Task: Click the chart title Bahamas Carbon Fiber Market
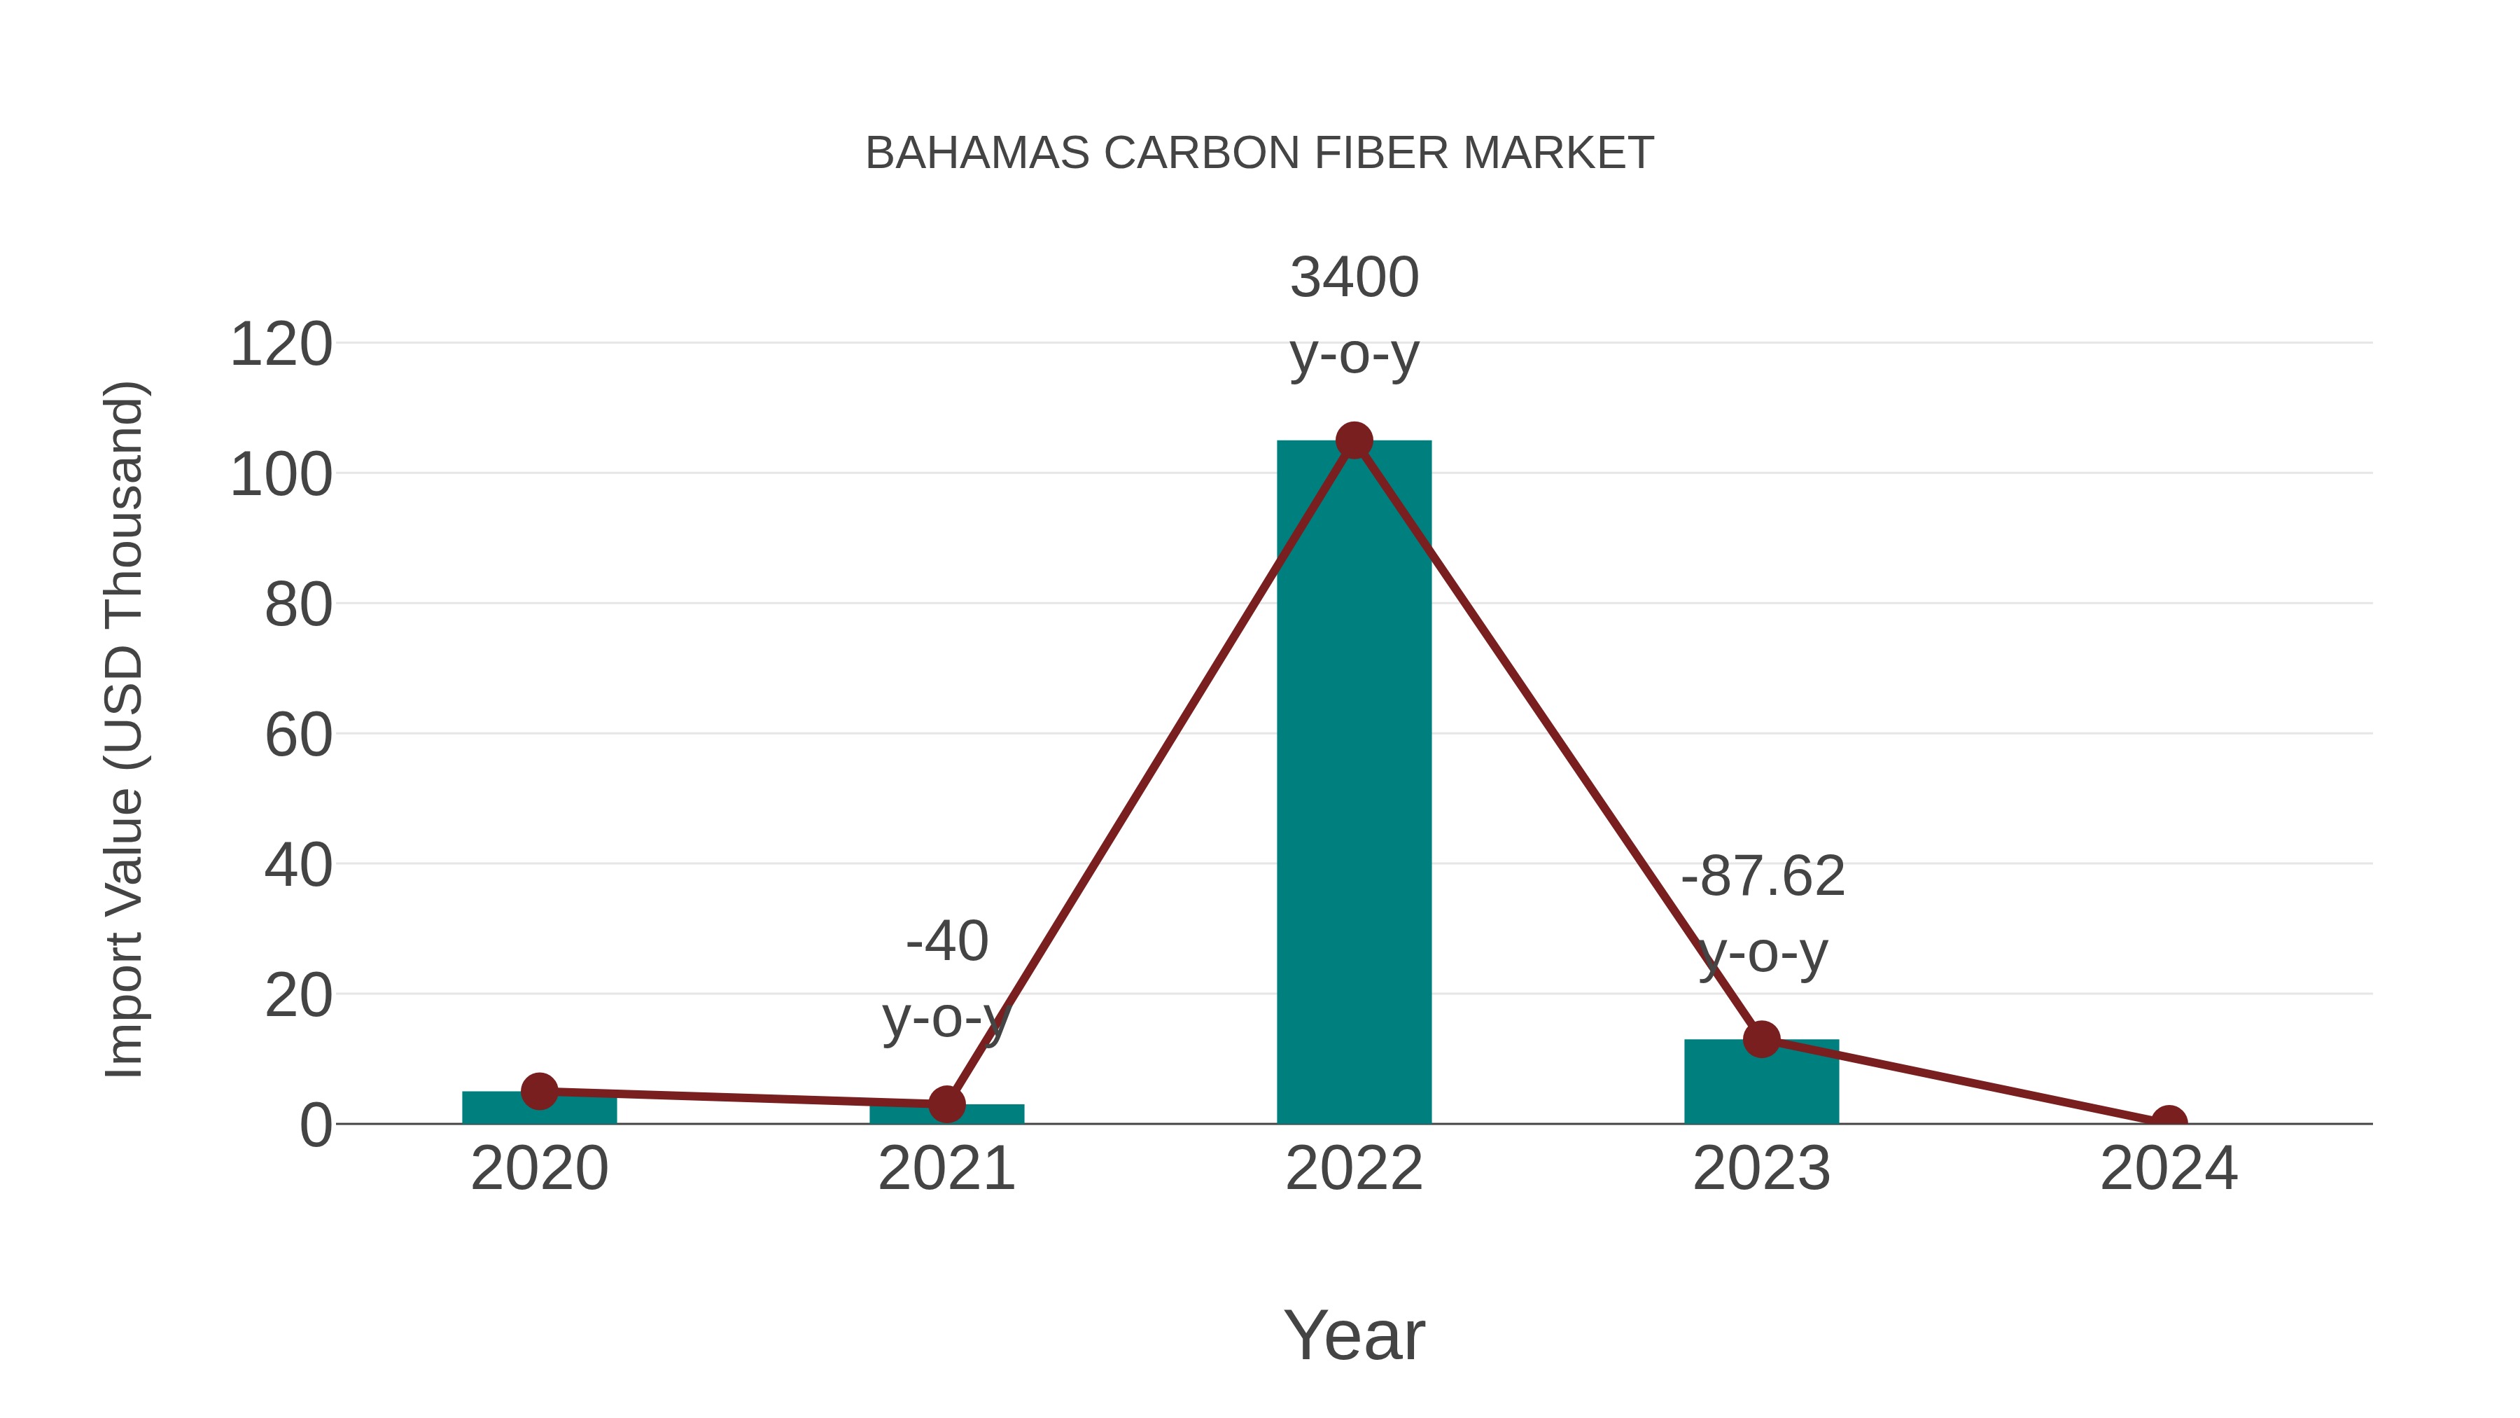coord(1259,153)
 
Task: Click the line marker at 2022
coord(1354,441)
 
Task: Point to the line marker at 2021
coord(946,1104)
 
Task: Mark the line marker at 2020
coord(539,1090)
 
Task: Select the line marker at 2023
coord(1761,1039)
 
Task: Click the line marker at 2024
coord(2168,1122)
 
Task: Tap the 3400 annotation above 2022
coord(1354,278)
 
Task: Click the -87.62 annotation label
coord(1763,876)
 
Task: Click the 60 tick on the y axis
coord(298,735)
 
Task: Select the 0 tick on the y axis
coord(315,1125)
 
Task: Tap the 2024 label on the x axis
coord(2168,1169)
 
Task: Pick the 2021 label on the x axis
coord(946,1169)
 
